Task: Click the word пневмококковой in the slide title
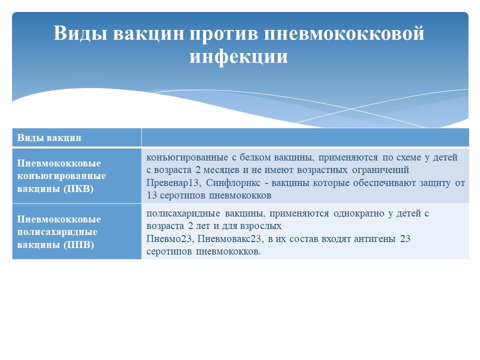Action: point(344,33)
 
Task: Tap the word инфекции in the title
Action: point(239,56)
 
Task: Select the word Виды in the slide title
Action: point(80,33)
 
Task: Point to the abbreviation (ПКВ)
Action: point(78,189)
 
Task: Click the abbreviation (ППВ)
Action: point(78,245)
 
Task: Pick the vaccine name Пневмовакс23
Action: point(230,239)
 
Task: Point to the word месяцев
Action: point(221,170)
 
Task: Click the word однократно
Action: point(359,213)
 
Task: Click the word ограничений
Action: point(380,170)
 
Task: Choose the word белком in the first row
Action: point(255,157)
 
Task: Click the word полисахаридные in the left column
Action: point(57,232)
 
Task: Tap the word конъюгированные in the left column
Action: point(61,176)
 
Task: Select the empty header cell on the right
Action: point(305,137)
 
